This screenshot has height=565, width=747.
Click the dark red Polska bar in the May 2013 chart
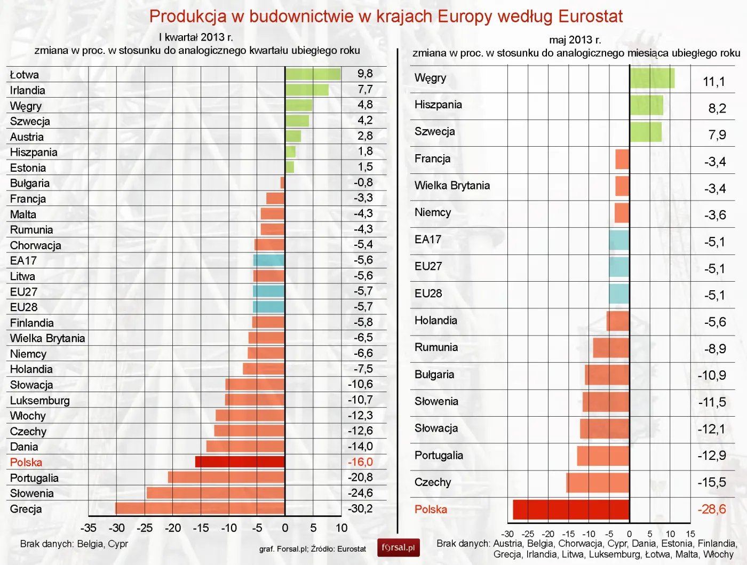pos(571,510)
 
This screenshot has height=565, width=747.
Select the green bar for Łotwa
pos(313,74)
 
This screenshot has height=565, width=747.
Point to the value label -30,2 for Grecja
pos(360,508)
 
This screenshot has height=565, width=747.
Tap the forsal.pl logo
pos(398,547)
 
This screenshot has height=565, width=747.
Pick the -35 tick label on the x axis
pos(88,528)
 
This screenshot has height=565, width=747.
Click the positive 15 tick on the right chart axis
pos(690,534)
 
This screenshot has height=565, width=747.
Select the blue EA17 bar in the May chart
pos(619,241)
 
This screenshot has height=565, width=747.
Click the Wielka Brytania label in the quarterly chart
pos(47,338)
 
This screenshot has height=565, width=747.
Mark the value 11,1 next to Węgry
pos(714,82)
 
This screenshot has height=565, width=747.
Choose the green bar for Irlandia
pos(307,90)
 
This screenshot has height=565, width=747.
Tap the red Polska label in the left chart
pos(26,463)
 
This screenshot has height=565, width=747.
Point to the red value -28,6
pos(712,509)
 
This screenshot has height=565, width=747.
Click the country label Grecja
pos(26,509)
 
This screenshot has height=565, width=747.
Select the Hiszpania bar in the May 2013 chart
pos(646,105)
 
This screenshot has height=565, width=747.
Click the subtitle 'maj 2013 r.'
pos(575,40)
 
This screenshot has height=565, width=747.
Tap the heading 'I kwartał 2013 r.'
pos(196,37)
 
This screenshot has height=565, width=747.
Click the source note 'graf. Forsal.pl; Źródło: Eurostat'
pos(313,549)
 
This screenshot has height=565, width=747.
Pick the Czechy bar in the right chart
pos(598,482)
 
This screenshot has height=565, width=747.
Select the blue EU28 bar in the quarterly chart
pos(268,307)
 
